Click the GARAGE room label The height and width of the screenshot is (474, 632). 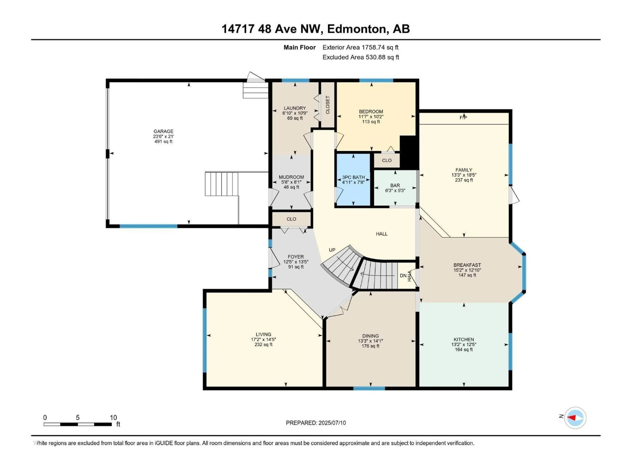(163, 132)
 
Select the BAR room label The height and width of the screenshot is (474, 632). (395, 185)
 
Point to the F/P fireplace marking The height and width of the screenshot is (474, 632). (463, 117)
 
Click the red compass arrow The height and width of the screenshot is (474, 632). (571, 418)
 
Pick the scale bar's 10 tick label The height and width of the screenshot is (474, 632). (113, 417)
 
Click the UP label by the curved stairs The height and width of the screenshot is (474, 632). (332, 250)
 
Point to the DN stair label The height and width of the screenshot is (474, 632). (403, 276)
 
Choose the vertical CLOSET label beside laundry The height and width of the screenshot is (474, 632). (327, 105)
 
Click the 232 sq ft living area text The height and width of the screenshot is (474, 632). (263, 345)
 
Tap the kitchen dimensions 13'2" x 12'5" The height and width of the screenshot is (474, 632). (464, 345)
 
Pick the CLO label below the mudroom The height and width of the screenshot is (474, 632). (291, 219)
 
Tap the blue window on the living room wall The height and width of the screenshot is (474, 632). (205, 340)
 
